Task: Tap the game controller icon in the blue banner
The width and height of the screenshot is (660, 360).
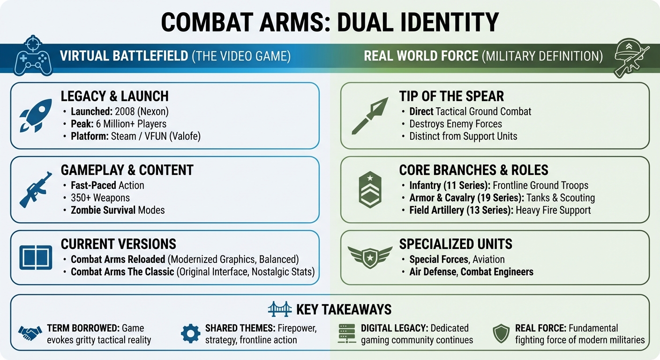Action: pyautogui.click(x=32, y=57)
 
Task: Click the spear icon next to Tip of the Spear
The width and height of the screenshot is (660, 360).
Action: pyautogui.click(x=370, y=115)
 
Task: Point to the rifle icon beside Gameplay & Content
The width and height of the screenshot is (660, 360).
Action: pyautogui.click(x=36, y=189)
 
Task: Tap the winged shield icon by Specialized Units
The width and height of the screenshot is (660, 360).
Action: pyautogui.click(x=370, y=256)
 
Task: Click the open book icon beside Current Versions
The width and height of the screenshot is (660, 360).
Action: pyautogui.click(x=36, y=257)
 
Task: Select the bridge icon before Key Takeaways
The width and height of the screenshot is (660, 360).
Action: pyautogui.click(x=280, y=309)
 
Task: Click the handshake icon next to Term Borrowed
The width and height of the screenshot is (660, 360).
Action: pyautogui.click(x=30, y=333)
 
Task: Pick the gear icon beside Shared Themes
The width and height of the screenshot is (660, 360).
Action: pyautogui.click(x=190, y=333)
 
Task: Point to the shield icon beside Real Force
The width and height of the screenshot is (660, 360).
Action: pyautogui.click(x=502, y=333)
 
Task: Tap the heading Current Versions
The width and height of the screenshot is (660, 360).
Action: pyautogui.click(x=118, y=244)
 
